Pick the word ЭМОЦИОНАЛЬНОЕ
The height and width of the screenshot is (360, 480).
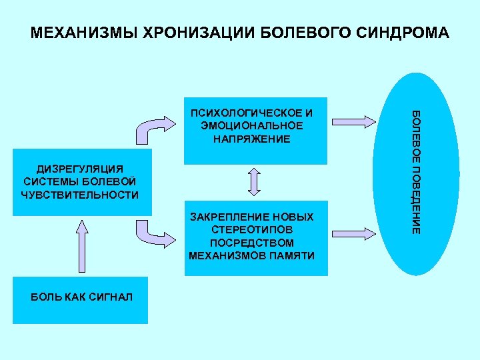(251, 125)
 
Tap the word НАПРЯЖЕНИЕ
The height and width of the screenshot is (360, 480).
(251, 139)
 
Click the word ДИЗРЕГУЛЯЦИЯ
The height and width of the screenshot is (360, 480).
(80, 169)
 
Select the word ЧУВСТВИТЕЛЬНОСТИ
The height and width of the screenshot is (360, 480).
(80, 195)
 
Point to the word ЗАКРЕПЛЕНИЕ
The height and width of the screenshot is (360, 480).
(222, 217)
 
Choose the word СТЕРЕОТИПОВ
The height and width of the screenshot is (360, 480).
(251, 230)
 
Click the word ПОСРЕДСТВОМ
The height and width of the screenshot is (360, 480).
(251, 243)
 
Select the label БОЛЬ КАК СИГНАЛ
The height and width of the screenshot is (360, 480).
(81, 296)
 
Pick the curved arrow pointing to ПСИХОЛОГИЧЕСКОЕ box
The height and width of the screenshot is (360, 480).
(153, 129)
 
